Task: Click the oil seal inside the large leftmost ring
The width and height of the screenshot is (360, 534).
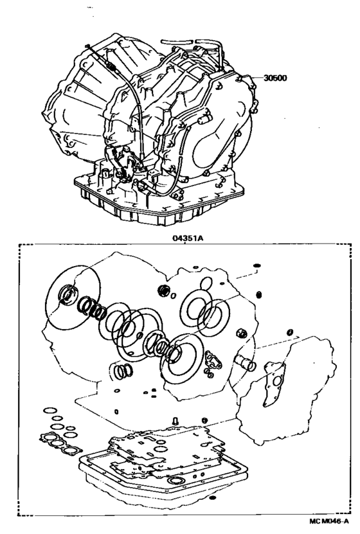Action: pyautogui.click(x=66, y=296)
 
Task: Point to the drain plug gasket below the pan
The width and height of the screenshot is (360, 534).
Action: pyautogui.click(x=213, y=498)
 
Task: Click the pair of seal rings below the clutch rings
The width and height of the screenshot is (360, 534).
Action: pyautogui.click(x=123, y=371)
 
